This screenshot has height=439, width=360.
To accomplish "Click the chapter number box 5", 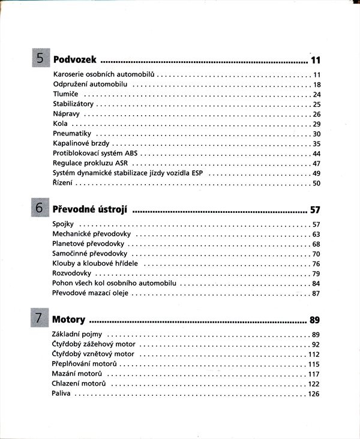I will point(40,59).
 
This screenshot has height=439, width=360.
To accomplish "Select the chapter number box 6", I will point(40,209).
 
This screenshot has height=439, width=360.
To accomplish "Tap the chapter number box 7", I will point(40,319).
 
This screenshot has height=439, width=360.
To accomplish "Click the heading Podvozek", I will point(75,60).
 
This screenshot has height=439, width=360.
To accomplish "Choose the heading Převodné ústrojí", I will point(90,209).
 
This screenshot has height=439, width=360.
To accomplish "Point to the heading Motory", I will point(68,320).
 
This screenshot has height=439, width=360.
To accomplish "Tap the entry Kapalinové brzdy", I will point(81,143).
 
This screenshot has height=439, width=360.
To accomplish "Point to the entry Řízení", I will point(62,183).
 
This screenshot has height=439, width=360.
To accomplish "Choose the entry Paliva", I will point(62,393).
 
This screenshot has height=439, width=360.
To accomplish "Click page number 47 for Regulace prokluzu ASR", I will point(317,163).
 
